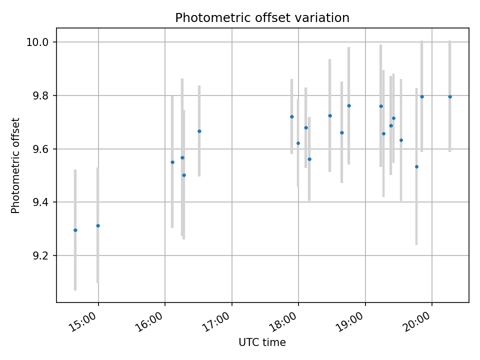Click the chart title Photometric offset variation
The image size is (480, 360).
(x=262, y=18)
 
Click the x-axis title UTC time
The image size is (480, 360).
(x=262, y=342)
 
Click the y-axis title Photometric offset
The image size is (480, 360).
(x=15, y=165)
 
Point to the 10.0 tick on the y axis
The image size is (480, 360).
(x=39, y=42)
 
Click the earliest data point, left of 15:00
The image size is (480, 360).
(x=75, y=230)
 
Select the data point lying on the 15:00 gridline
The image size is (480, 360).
(x=98, y=225)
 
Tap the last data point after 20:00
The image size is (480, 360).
(x=450, y=96)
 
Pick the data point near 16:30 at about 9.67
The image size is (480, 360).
(x=199, y=131)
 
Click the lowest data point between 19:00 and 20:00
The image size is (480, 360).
(x=416, y=166)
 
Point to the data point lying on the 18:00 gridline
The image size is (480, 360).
(x=298, y=143)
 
